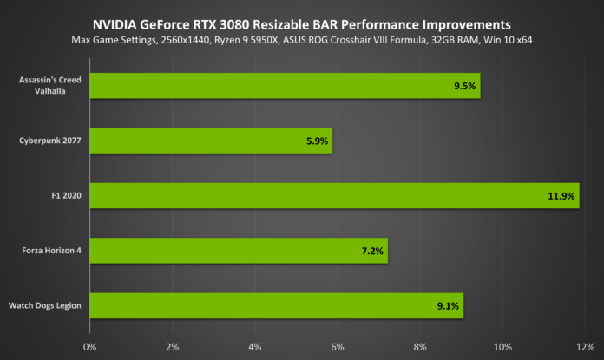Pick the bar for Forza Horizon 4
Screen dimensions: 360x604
239,251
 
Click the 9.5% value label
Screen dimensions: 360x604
464,86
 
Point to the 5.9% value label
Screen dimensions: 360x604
317,141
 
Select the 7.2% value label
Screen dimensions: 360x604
372,251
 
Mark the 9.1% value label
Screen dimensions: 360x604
450,305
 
